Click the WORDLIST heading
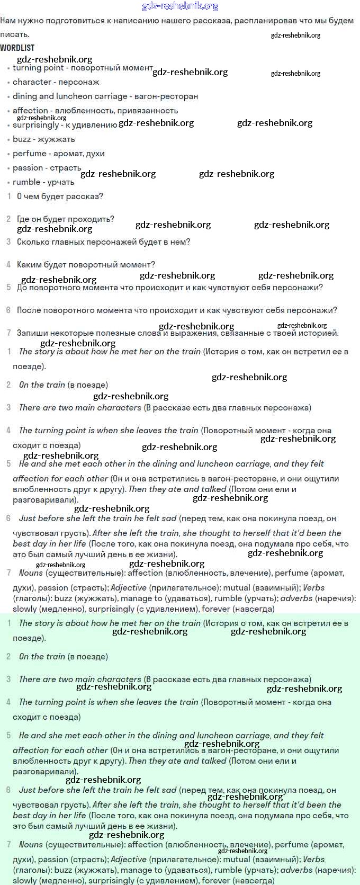coord(17,48)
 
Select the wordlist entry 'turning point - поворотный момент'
coord(83,68)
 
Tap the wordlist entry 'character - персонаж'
coord(56,82)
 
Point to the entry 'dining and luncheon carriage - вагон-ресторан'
coord(105,96)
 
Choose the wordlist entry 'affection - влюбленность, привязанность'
coord(95,111)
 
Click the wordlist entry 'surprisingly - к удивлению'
coord(65,125)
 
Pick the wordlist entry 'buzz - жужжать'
coord(43,139)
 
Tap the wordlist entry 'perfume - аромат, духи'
coord(58,154)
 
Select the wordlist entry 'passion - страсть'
coord(47,168)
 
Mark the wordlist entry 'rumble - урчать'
coord(43,182)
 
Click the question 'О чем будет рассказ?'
coord(60,196)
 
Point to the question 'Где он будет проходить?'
coord(65,219)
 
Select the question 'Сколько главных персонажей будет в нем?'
coord(103,242)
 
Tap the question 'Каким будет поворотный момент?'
coord(86,265)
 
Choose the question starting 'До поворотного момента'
coord(169,288)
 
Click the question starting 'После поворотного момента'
coord(177,310)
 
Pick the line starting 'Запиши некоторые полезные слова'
coord(177,333)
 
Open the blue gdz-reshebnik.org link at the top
coord(180,6)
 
